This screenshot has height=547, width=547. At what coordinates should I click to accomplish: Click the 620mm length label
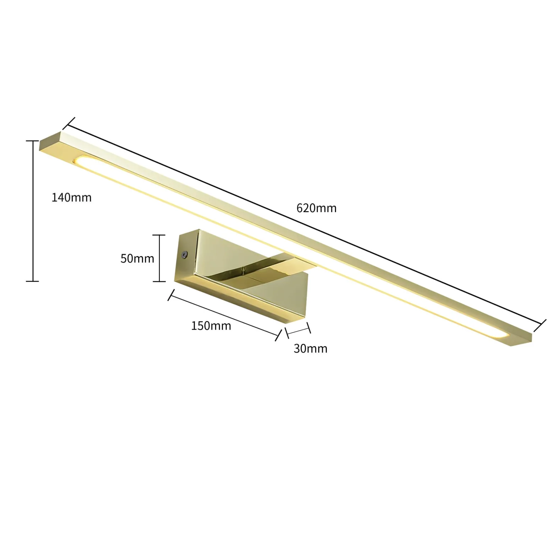tap(316, 208)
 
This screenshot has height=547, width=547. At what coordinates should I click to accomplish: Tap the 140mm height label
tap(71, 197)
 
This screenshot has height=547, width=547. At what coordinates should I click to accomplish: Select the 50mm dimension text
tap(137, 258)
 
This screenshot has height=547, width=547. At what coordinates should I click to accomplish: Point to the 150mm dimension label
tap(211, 325)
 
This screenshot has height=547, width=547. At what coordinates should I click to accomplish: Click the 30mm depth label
tap(310, 348)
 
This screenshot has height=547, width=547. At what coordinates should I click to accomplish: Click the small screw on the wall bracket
tap(184, 254)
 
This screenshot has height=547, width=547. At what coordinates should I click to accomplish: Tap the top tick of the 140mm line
tap(32, 141)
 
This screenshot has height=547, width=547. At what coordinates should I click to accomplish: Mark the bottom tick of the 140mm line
tap(32, 281)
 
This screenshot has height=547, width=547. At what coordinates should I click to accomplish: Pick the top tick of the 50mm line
tap(159, 235)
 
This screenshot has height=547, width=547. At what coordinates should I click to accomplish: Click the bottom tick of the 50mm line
tap(159, 281)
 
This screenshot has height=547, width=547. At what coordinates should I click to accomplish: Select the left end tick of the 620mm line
tap(69, 124)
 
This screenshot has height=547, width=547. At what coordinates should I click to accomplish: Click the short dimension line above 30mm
tap(298, 330)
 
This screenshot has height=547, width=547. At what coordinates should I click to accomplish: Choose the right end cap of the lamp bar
tap(522, 339)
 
